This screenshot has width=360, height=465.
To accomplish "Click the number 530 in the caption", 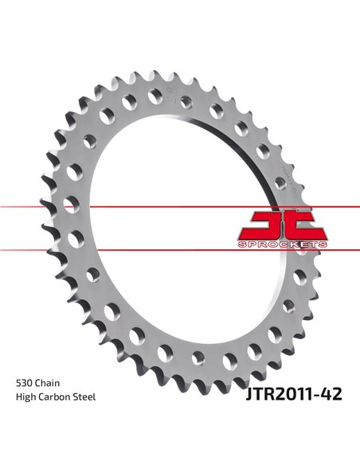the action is pos(25,383).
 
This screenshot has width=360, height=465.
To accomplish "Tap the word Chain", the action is pos(48,383).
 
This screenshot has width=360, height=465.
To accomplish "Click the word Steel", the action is pos(84,397).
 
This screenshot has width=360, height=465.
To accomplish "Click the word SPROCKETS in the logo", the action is pos(282,244).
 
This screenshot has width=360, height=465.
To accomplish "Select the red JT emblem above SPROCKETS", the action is pos(283,226).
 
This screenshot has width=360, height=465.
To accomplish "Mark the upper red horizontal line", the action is pos(180,206).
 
